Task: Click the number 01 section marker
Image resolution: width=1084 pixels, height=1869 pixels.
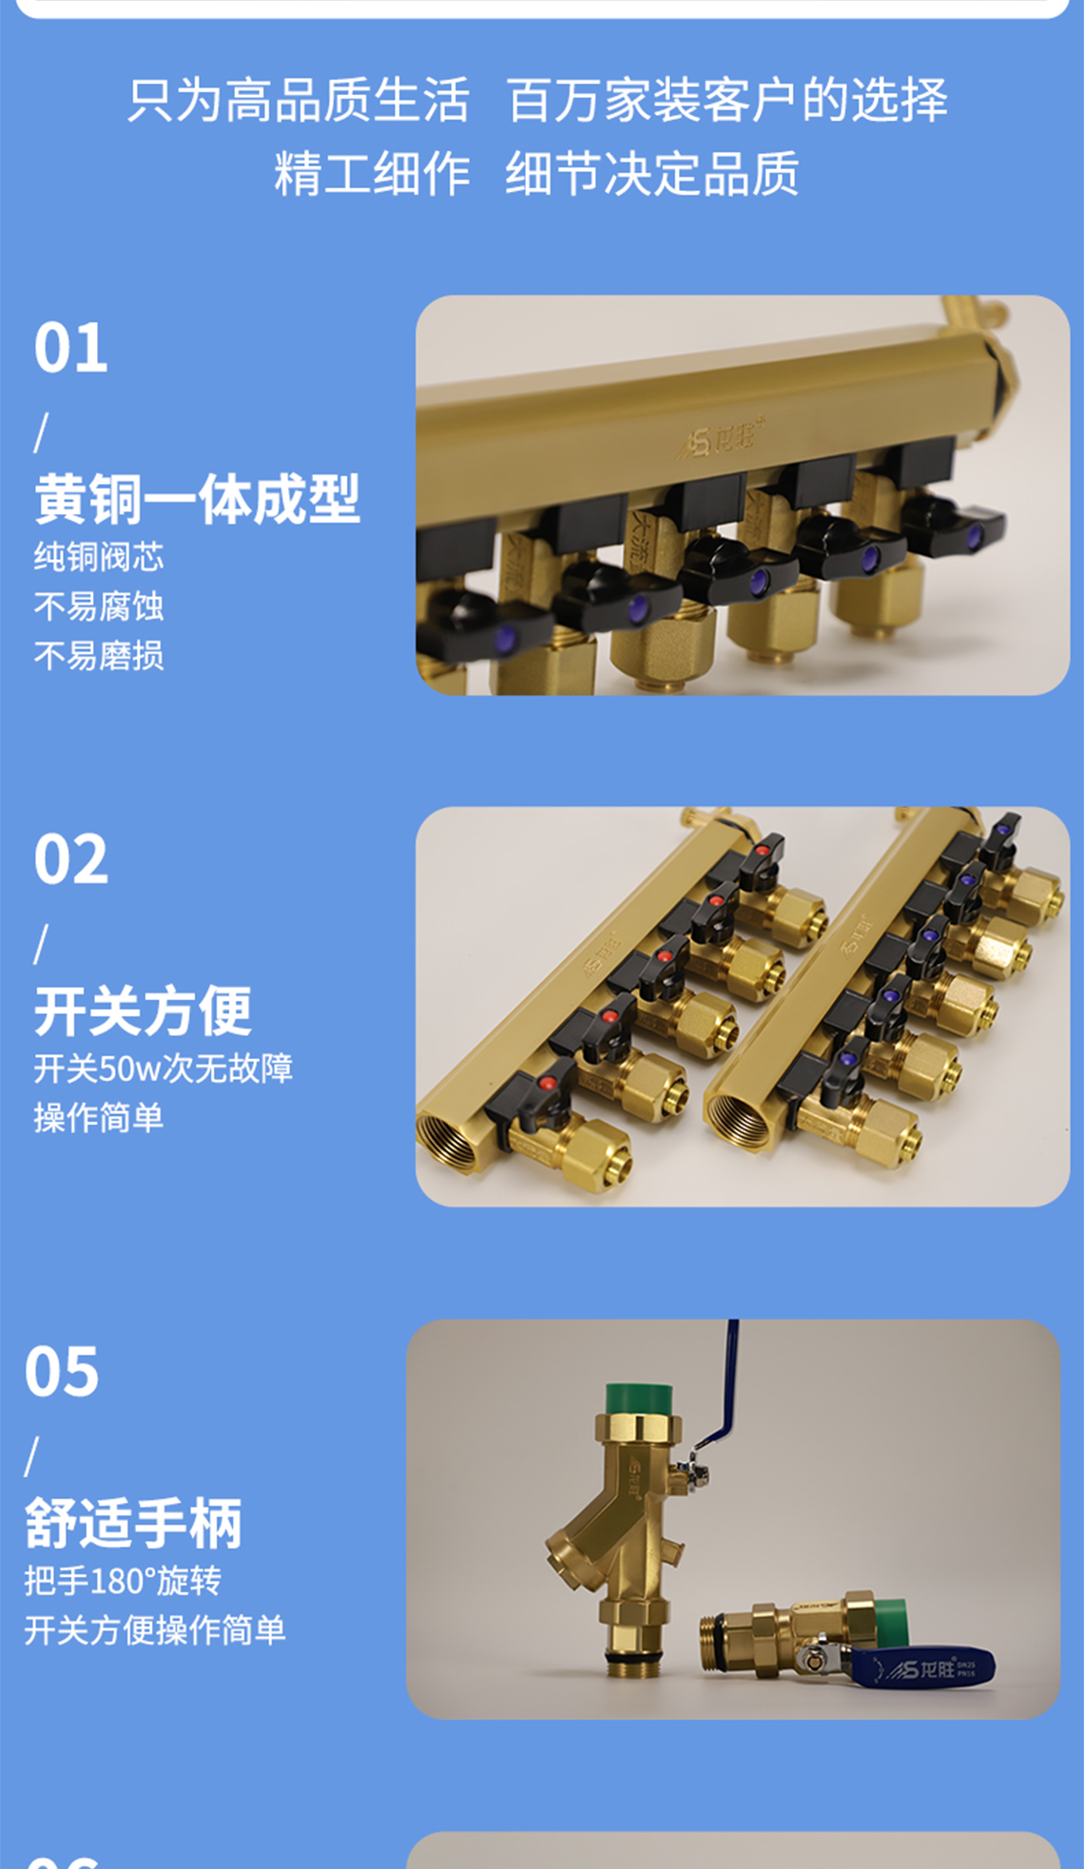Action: [x=71, y=348]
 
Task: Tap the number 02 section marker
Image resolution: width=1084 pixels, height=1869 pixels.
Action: [x=71, y=859]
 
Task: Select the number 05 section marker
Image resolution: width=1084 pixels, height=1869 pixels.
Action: [x=62, y=1371]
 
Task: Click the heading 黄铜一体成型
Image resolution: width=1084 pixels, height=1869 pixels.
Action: [x=197, y=499]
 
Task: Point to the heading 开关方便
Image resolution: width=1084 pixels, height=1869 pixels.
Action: [x=143, y=1011]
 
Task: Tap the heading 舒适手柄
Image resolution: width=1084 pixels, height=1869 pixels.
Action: [x=133, y=1522]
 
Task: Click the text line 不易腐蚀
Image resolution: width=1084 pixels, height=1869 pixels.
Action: [x=99, y=606]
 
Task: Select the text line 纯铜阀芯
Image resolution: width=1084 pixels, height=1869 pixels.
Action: [x=99, y=556]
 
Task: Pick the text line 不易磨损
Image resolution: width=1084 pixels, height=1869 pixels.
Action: [x=99, y=655]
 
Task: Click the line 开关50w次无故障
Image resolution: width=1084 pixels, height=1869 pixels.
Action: [x=163, y=1068]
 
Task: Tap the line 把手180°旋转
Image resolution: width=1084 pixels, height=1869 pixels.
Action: [x=123, y=1580]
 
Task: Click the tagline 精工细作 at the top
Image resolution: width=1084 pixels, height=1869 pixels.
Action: [x=372, y=174]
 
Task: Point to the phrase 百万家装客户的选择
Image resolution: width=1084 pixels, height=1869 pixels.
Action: [x=726, y=100]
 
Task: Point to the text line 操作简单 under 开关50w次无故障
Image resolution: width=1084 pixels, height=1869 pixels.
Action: [x=99, y=1117]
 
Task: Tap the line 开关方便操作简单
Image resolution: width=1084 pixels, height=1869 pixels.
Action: [x=154, y=1629]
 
